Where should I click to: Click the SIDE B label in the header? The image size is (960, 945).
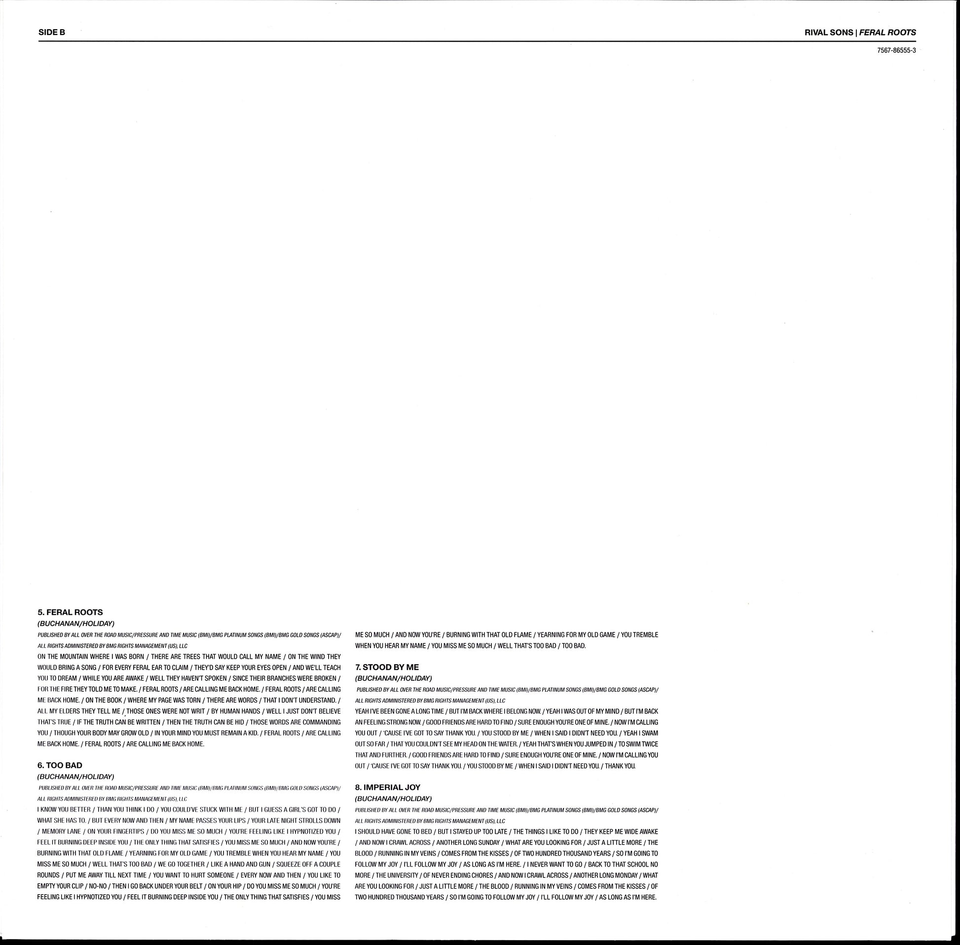click(52, 32)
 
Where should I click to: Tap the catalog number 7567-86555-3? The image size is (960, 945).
click(896, 51)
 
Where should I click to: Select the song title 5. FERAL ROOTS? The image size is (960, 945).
click(70, 612)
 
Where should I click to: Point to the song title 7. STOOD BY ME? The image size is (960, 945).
click(387, 667)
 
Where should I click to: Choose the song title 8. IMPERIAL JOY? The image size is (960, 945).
click(387, 787)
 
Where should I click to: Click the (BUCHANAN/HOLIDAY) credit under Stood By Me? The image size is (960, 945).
click(394, 678)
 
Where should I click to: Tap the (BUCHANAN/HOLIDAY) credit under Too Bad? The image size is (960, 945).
click(76, 776)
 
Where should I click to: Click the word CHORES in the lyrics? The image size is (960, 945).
click(479, 875)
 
